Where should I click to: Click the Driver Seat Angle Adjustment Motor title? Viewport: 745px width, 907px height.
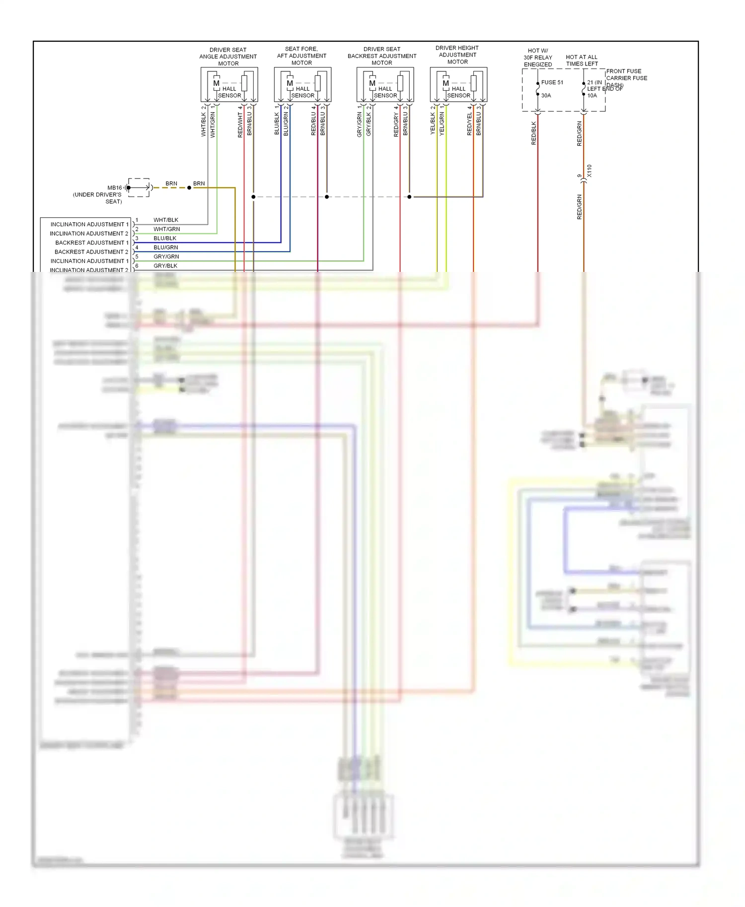(228, 57)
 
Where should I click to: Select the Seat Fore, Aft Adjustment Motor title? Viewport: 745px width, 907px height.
(301, 56)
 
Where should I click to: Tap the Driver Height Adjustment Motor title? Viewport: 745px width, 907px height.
(457, 55)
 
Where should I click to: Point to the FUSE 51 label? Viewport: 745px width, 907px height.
(552, 82)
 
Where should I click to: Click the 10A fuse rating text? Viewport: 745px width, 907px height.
(592, 95)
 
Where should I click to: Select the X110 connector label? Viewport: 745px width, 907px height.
(590, 171)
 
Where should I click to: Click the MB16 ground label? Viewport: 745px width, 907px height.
(114, 188)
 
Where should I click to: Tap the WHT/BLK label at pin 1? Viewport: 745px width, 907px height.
(166, 220)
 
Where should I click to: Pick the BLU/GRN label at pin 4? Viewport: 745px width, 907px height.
(166, 247)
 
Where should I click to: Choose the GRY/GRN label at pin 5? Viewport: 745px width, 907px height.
(166, 257)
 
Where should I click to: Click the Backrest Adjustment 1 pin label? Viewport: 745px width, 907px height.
(92, 243)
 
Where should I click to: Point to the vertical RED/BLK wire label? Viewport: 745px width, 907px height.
(534, 133)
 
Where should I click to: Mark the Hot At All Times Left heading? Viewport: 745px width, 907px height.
(582, 60)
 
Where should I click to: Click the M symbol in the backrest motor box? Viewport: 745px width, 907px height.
(372, 83)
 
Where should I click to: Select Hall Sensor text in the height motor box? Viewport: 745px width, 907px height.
(458, 92)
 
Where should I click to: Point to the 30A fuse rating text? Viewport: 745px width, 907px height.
(546, 95)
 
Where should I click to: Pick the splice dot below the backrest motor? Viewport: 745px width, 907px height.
(409, 197)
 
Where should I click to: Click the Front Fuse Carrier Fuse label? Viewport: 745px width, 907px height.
(626, 74)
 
